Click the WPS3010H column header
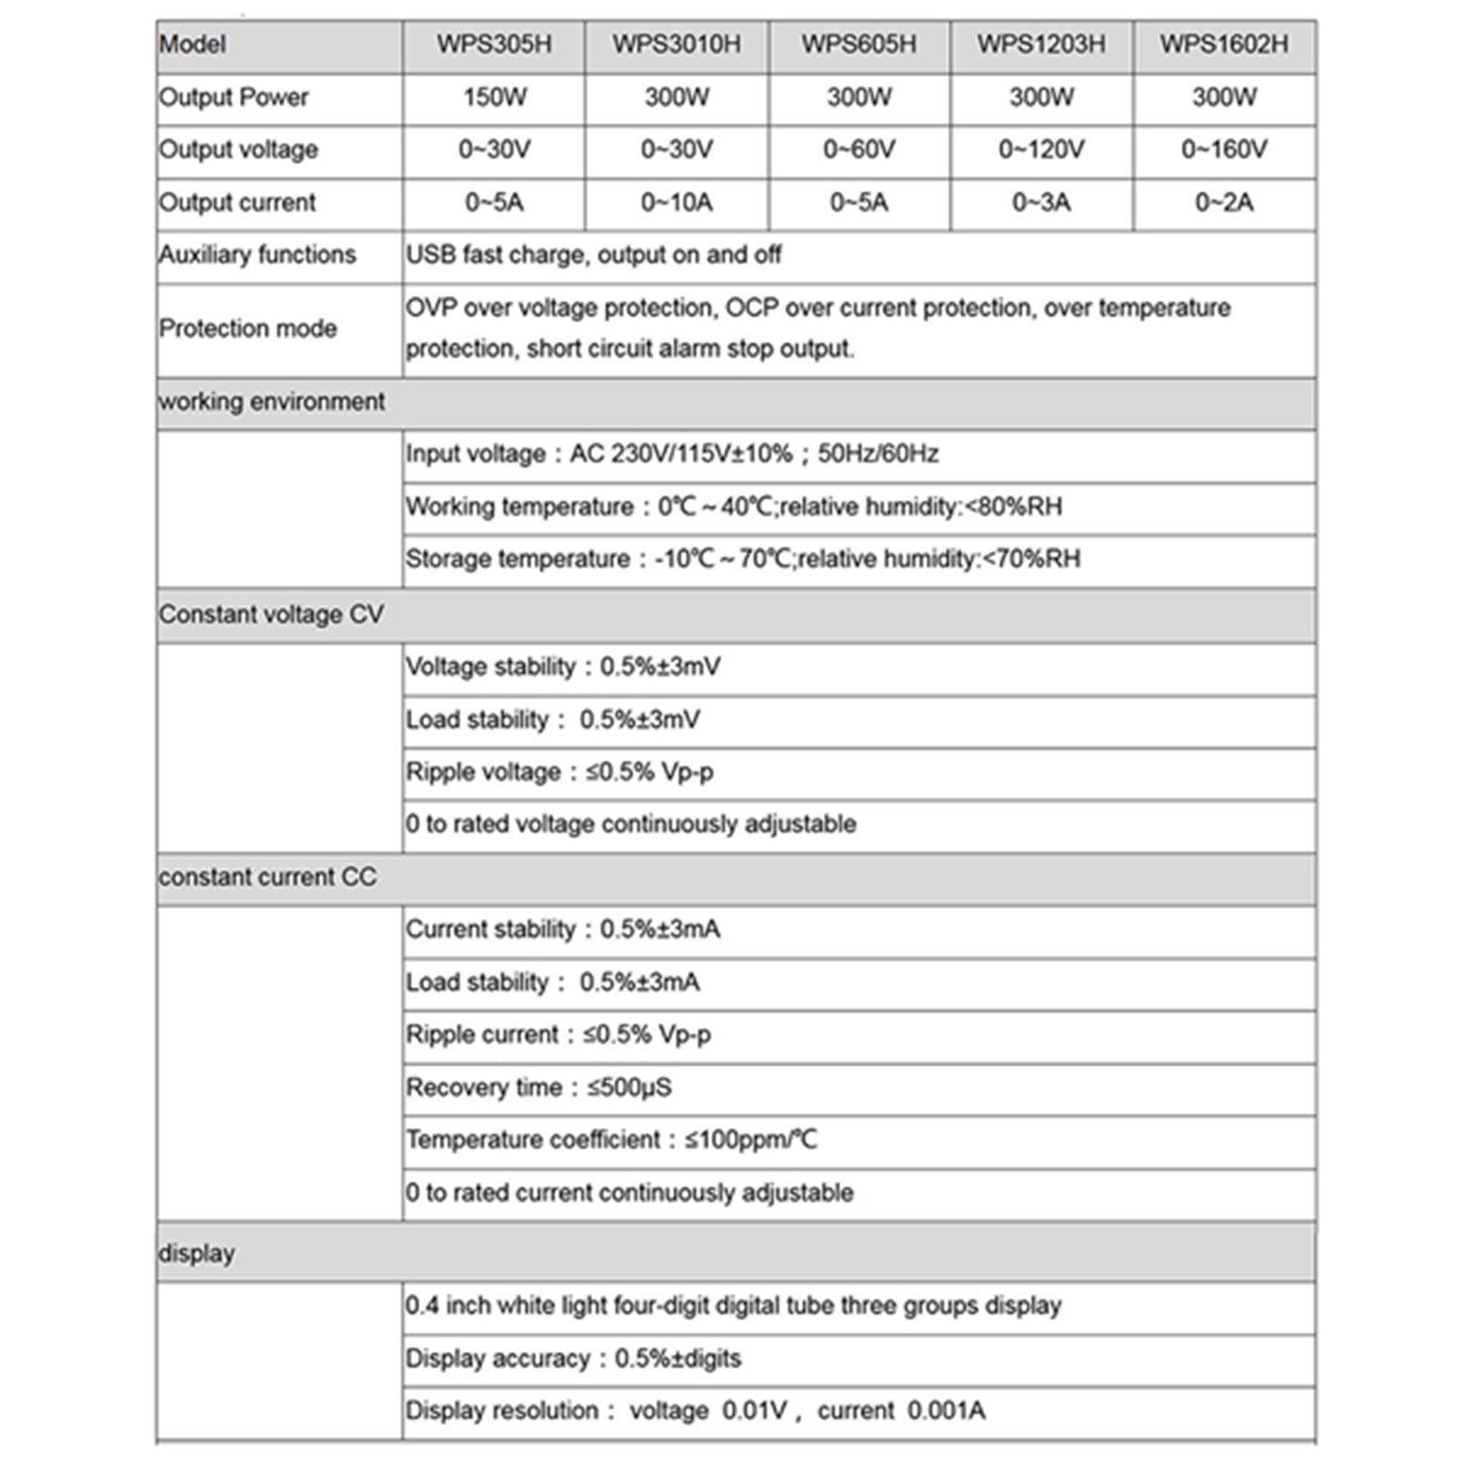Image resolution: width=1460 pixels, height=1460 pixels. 677,45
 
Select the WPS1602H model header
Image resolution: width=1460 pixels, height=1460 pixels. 1224,45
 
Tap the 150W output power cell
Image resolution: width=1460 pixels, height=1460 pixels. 494,98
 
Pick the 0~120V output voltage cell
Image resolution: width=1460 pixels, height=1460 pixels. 1041,150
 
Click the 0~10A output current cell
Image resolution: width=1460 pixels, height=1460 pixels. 677,202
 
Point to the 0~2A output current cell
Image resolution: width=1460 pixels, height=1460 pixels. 1224,202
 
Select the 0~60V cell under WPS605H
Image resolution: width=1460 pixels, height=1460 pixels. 859,150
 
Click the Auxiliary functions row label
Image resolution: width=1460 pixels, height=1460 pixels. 257,254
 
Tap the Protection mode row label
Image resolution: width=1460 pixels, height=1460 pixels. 248,328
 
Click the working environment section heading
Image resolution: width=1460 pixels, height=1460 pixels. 272,402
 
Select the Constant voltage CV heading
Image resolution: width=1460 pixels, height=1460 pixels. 272,615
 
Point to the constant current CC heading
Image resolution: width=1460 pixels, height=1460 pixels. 267,877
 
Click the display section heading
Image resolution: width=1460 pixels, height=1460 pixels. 197,1254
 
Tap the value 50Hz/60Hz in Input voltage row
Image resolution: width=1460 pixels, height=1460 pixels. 877,454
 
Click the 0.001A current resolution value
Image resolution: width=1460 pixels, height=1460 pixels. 946,1411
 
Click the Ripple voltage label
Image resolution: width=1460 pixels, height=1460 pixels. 483,772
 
